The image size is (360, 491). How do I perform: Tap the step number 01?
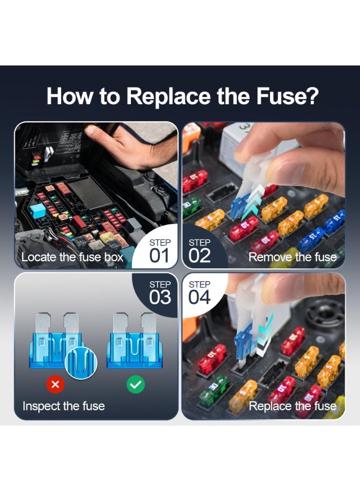159,255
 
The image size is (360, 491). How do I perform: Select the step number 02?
200,255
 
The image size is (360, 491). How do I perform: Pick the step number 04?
200,297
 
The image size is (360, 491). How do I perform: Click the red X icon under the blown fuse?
56,385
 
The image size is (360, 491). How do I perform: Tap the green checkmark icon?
135,385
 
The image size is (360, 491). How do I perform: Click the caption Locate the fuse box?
72,257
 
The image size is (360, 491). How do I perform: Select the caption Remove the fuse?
292,257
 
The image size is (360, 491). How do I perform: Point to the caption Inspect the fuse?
63,406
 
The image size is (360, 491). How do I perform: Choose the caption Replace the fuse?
292,406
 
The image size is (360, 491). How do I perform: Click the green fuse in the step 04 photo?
214,391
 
